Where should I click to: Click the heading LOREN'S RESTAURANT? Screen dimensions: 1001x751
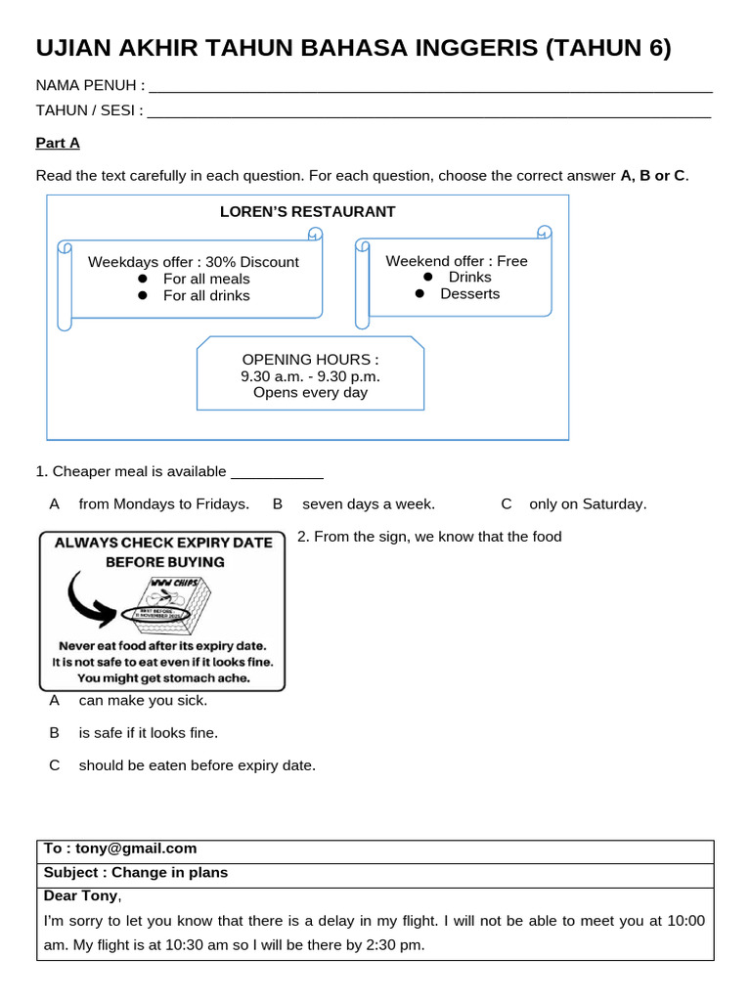307,211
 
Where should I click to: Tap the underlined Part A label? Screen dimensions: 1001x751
58,143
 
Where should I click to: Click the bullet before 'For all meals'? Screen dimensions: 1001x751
142,279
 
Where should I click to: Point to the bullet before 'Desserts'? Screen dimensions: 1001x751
420,293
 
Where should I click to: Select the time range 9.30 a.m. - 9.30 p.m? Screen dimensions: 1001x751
310,375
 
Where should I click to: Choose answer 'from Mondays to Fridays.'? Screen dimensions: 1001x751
163,504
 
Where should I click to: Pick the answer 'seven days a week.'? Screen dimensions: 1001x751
368,504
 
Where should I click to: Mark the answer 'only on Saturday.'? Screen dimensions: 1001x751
587,504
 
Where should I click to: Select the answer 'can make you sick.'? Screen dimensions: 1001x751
143,700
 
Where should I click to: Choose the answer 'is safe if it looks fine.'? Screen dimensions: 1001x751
148,732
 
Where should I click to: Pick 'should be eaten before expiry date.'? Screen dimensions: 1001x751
197,765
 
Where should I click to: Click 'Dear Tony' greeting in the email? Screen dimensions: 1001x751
81,895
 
